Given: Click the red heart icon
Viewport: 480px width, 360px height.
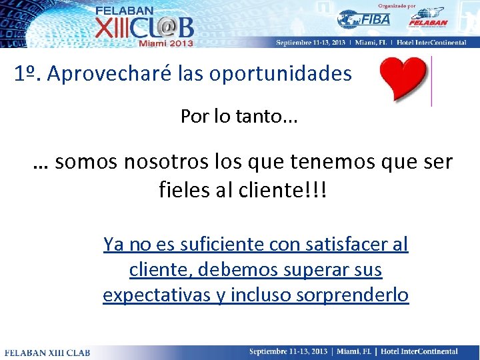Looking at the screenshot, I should (x=402, y=79).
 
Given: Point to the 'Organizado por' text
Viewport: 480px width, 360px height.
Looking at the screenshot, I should (x=397, y=5).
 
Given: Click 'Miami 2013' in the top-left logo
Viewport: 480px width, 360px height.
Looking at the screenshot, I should (x=165, y=43).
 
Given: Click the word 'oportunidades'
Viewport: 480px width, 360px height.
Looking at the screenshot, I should (x=280, y=74).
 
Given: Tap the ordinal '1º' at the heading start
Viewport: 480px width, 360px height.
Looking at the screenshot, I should (x=28, y=74).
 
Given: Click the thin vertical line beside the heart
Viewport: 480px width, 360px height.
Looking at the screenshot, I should (x=432, y=81).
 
